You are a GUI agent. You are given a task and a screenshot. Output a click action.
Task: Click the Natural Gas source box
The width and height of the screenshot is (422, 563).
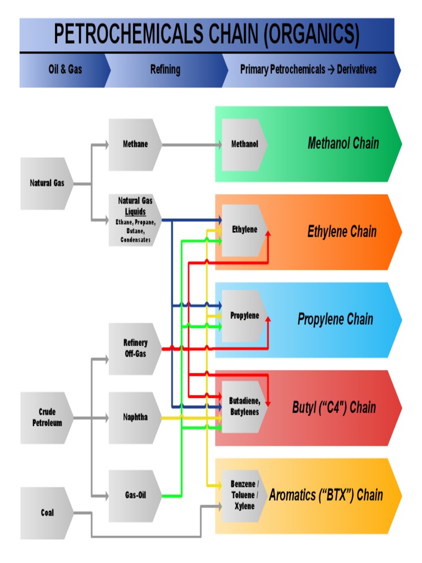coord(47,183)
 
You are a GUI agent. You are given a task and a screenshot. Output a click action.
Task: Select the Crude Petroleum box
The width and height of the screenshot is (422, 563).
coord(47,418)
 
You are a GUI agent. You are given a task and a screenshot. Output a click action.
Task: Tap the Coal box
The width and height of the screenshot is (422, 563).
coord(47,513)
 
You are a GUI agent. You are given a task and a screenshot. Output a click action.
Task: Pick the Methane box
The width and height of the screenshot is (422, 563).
coord(135,145)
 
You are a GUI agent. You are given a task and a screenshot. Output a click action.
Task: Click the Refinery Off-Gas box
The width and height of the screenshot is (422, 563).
coord(135,349)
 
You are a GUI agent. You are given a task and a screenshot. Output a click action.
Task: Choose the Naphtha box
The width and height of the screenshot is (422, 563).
coord(135,417)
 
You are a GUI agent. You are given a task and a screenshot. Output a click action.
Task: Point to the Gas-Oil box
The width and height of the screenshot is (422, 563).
coord(135,495)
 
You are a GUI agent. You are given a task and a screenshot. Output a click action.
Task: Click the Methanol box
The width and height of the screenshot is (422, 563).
coord(244,145)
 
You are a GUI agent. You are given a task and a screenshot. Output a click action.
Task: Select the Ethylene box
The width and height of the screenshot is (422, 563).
coord(244,230)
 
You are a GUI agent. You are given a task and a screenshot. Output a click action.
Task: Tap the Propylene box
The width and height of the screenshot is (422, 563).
coord(244,316)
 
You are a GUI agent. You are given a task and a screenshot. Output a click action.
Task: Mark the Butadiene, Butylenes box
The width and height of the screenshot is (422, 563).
coord(244,407)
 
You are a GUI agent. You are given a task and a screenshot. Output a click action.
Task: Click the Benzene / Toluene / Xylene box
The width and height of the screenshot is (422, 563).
coord(244,495)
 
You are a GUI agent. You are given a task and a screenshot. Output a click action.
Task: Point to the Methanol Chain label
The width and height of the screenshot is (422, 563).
coord(343,144)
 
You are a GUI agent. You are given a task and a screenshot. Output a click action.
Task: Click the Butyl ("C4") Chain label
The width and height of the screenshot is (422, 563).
coord(334,408)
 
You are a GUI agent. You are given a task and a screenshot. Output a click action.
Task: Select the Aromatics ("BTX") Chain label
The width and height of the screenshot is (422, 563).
coord(326,495)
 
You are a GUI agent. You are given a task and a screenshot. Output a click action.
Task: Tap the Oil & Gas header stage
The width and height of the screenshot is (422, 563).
coord(65,70)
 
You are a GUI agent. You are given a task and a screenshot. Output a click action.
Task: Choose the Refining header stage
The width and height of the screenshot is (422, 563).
coord(165,70)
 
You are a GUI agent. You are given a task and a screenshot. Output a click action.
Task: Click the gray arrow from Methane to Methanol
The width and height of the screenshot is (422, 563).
coord(192,145)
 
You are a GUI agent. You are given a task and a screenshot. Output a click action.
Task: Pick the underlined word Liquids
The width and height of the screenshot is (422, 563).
coord(135,212)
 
